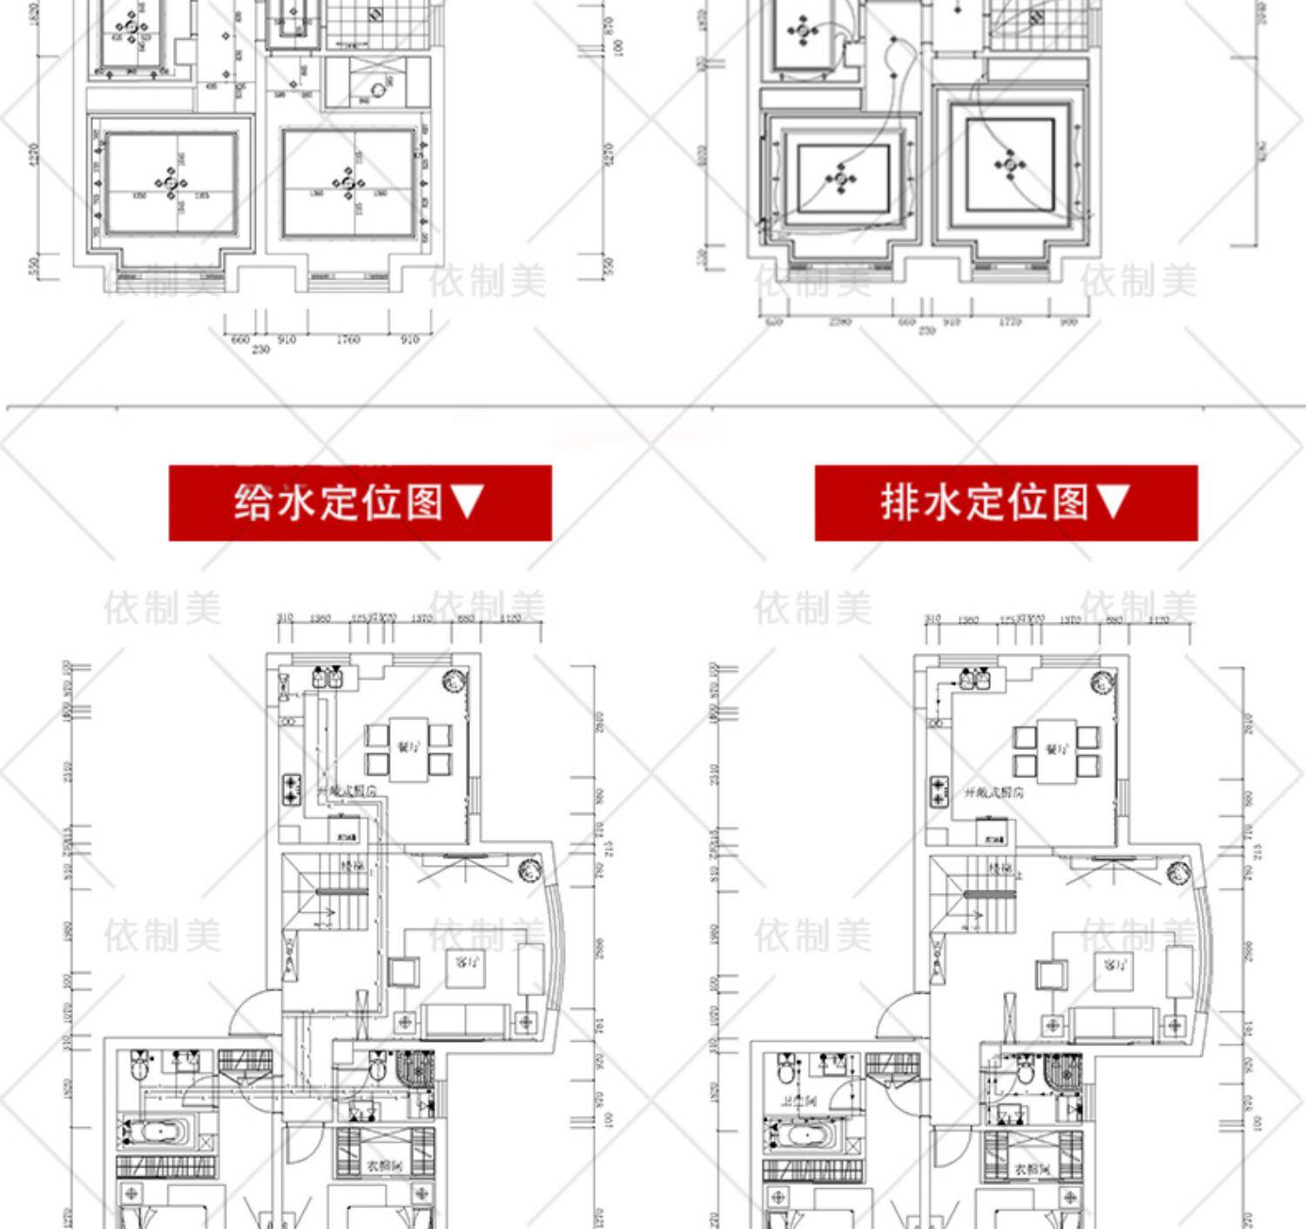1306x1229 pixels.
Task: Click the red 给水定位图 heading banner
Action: point(360,503)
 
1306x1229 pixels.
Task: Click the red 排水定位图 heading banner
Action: point(1006,503)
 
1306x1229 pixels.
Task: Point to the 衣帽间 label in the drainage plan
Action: point(1032,1169)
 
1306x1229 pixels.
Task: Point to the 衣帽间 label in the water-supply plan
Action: point(384,1165)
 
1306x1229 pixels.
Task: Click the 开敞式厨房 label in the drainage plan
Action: point(993,793)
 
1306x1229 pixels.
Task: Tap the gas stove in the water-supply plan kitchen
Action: point(291,789)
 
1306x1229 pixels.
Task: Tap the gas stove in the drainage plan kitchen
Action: point(939,790)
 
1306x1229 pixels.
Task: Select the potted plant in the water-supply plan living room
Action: point(528,870)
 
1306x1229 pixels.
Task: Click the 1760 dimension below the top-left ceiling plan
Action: point(347,339)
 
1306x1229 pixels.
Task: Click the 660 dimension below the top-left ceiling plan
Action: point(240,339)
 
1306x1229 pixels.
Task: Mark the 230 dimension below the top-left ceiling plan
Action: point(260,349)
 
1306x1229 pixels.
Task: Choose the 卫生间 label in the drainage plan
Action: point(798,1101)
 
